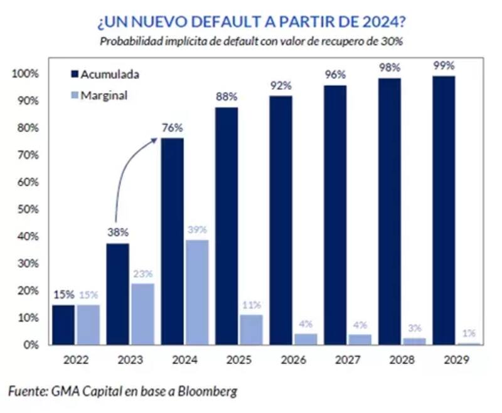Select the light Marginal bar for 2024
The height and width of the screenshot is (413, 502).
click(197, 292)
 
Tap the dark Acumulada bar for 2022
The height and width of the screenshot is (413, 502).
click(63, 325)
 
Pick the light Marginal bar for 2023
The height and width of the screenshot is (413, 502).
click(143, 314)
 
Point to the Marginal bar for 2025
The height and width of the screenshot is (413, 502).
click(251, 330)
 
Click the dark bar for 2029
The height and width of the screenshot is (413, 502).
click(444, 210)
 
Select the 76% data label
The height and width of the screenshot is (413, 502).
click(173, 128)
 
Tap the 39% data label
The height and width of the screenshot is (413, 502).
click(197, 230)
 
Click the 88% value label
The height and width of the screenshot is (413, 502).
click(227, 97)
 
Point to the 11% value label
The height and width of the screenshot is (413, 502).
click(251, 305)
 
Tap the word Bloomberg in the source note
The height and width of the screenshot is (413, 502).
click(208, 391)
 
